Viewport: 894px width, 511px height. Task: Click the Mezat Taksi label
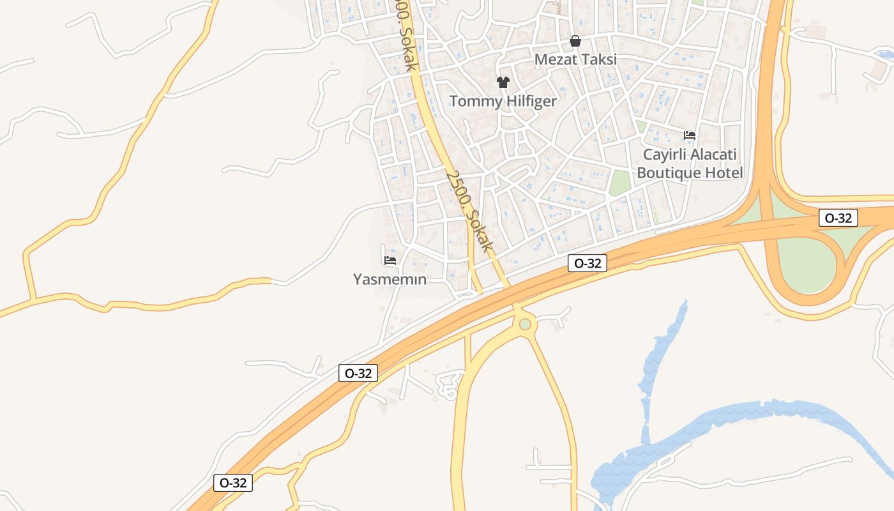click(575, 59)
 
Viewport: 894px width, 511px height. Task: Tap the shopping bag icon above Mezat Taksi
click(575, 42)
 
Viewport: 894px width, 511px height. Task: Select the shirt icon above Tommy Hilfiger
click(503, 82)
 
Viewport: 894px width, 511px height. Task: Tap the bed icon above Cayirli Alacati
click(689, 135)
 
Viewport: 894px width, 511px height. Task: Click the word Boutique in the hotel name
click(669, 173)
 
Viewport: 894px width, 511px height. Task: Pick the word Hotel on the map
click(724, 173)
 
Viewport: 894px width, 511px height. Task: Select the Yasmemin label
click(390, 279)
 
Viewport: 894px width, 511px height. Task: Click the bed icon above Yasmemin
click(390, 260)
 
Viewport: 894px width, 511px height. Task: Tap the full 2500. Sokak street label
click(470, 211)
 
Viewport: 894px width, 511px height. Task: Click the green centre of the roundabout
click(525, 324)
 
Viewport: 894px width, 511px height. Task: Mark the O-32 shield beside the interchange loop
click(838, 218)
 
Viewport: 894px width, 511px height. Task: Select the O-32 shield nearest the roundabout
click(587, 263)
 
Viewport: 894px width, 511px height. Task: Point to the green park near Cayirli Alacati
click(619, 183)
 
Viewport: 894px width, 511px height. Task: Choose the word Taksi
click(598, 59)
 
